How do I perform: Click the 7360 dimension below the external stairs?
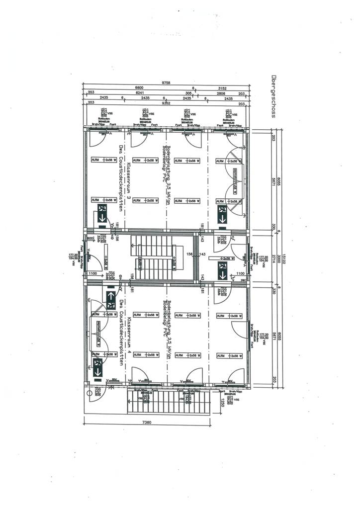(147, 423)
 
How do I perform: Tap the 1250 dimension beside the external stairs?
(222, 405)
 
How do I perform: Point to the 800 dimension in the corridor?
(90, 239)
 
